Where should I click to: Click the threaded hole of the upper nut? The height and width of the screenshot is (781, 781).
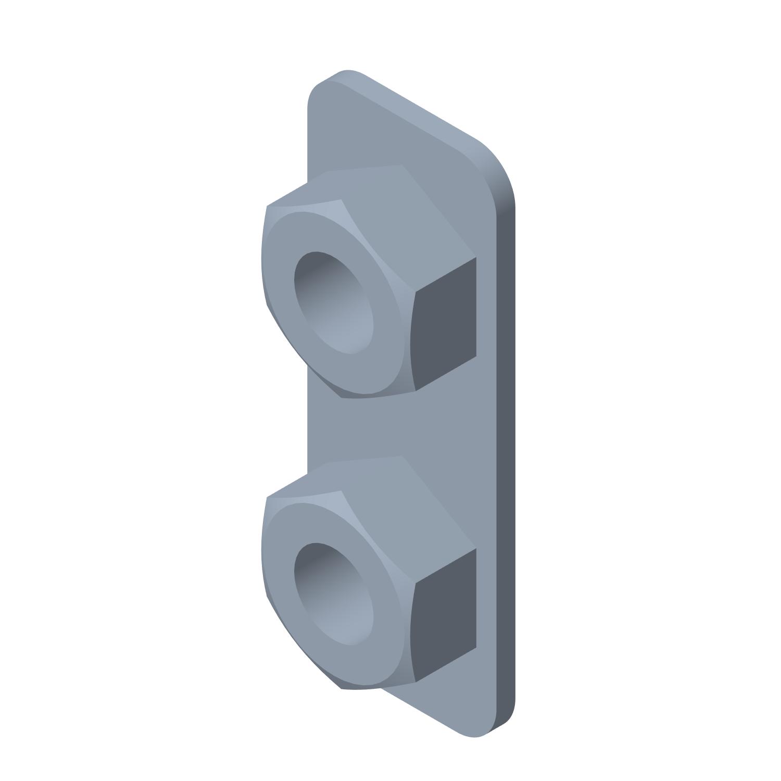click(x=333, y=302)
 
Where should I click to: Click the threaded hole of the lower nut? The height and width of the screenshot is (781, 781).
click(x=333, y=594)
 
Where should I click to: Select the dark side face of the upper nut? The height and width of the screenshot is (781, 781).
click(x=445, y=323)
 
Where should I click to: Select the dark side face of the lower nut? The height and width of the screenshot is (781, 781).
click(x=445, y=614)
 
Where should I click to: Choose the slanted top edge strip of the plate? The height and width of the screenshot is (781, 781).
click(x=417, y=109)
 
